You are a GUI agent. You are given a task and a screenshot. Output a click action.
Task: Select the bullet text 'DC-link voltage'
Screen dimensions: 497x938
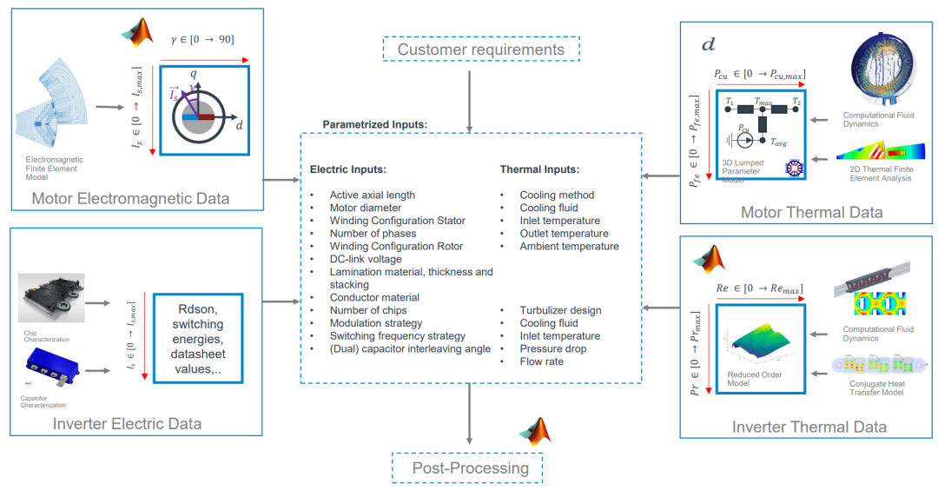(x=366, y=259)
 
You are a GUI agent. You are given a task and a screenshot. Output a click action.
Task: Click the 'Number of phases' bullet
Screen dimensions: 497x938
(x=373, y=234)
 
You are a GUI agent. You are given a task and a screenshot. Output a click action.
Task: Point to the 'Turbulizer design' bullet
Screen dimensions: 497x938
(x=560, y=310)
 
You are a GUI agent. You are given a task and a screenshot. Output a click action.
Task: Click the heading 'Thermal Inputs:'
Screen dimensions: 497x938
(x=539, y=169)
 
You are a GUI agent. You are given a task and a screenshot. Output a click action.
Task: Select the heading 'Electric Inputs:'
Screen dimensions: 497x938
(x=348, y=169)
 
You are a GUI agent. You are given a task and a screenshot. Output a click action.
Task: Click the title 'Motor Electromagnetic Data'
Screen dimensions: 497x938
(x=130, y=199)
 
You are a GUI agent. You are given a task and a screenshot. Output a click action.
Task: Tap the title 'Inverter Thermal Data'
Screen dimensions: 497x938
(x=809, y=427)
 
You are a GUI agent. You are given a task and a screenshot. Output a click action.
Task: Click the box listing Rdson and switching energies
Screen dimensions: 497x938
(x=196, y=339)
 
